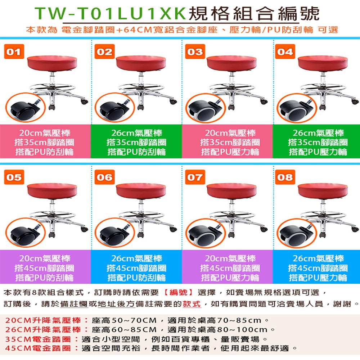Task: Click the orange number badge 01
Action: (14, 52)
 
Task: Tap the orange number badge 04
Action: (285, 52)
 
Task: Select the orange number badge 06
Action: (105, 177)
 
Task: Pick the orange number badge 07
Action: (195, 177)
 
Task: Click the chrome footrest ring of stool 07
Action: (230, 214)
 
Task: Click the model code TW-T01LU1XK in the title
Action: (111, 14)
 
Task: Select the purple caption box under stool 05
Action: (45, 268)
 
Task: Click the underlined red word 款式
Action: (192, 304)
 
